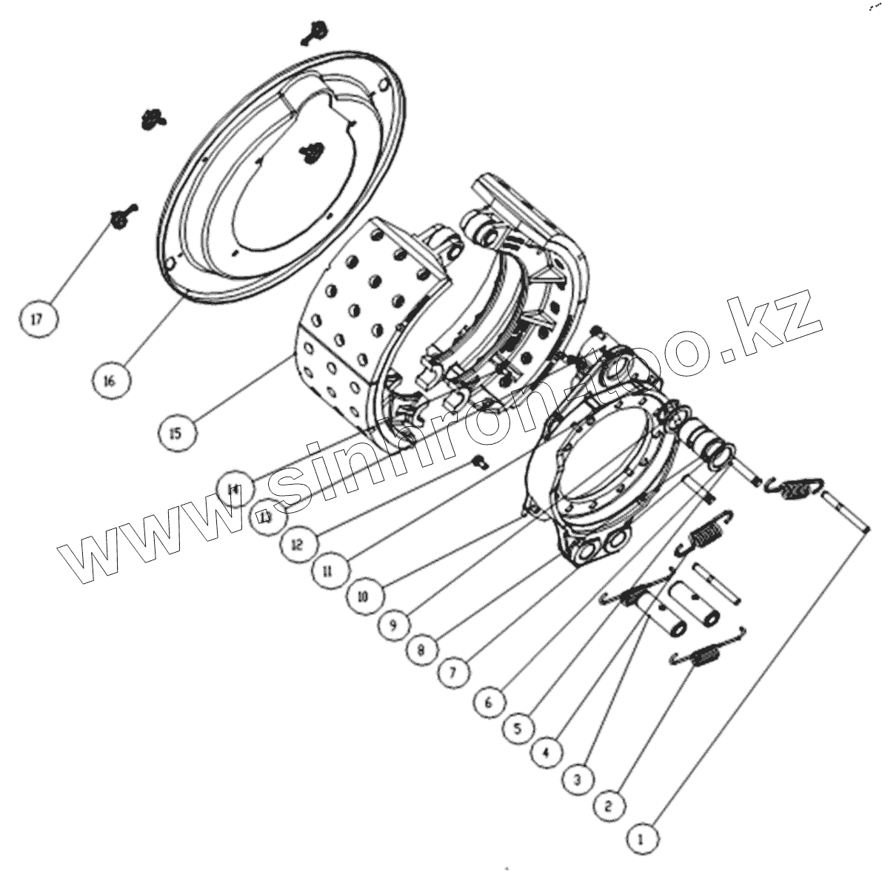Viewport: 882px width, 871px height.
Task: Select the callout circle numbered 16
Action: click(110, 380)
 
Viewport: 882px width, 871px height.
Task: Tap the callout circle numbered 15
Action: click(176, 432)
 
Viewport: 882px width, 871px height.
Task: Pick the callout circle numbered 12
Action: click(297, 545)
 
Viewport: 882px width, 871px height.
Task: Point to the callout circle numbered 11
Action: click(328, 571)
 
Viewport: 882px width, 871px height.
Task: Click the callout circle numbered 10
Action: click(362, 596)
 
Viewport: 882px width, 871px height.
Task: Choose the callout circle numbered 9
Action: click(393, 625)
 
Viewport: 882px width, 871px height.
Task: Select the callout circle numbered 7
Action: click(454, 673)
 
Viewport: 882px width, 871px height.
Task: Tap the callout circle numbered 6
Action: click(488, 701)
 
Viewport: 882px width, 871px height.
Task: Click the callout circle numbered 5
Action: click(518, 727)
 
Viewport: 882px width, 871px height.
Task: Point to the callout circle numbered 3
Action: click(578, 778)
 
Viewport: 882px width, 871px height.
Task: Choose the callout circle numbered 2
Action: click(609, 804)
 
